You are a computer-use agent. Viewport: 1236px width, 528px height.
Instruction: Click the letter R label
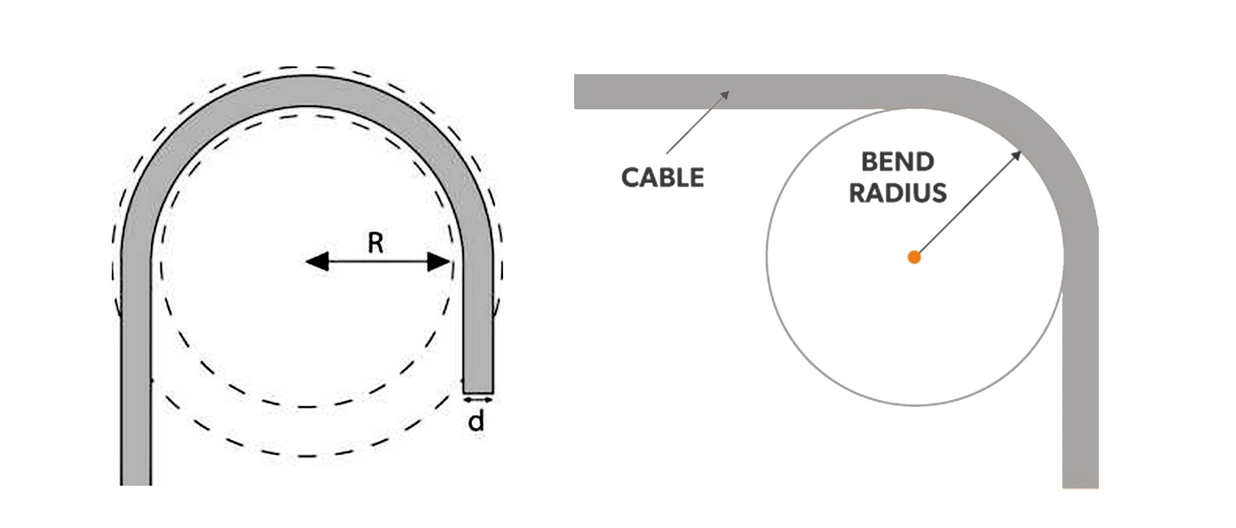pyautogui.click(x=375, y=242)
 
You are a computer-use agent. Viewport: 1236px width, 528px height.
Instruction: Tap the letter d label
pyautogui.click(x=476, y=422)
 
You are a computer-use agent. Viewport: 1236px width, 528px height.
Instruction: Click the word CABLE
pyautogui.click(x=662, y=178)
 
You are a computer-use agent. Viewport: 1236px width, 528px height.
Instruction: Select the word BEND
pyautogui.click(x=897, y=162)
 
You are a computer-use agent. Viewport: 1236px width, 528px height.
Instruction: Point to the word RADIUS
pyautogui.click(x=897, y=193)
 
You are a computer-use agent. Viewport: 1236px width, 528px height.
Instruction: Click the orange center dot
pyautogui.click(x=914, y=258)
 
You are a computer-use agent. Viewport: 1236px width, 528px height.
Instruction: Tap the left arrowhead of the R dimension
pyautogui.click(x=317, y=262)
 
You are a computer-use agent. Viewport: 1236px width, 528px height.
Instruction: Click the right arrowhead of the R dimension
pyautogui.click(x=439, y=262)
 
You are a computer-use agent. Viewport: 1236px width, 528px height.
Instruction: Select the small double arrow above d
pyautogui.click(x=478, y=400)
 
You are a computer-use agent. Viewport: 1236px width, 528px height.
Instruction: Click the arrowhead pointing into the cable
pyautogui.click(x=725, y=94)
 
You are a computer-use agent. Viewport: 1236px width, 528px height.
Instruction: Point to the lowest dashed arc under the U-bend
pyautogui.click(x=307, y=456)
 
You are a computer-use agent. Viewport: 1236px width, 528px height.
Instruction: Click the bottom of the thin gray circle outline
pyautogui.click(x=915, y=405)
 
